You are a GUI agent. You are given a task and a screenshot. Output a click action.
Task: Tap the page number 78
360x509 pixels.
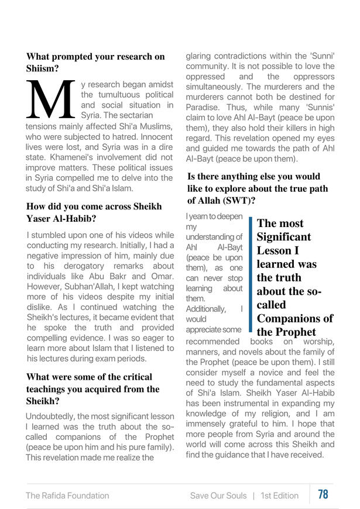pyautogui.click(x=323, y=494)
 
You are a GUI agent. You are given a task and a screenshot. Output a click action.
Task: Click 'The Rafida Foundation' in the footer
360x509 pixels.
pyautogui.click(x=67, y=496)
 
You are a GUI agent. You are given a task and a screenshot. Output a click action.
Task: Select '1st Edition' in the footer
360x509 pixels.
pyautogui.click(x=280, y=496)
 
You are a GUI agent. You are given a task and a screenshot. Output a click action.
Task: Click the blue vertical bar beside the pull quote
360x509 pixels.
pyautogui.click(x=251, y=274)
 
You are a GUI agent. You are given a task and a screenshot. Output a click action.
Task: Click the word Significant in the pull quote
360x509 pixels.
pyautogui.click(x=284, y=237)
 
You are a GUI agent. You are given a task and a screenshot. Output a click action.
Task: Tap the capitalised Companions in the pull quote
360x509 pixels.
pyautogui.click(x=288, y=318)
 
